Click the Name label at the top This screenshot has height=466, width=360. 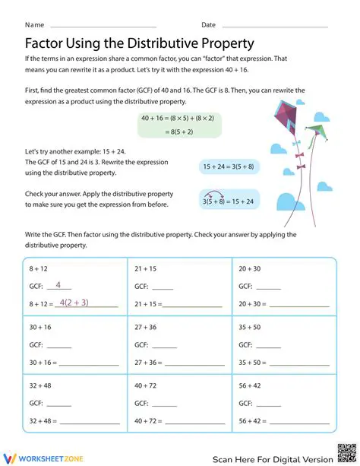[x=34, y=25]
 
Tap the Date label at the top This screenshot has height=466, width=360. [x=209, y=25]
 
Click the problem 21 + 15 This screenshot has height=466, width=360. [x=146, y=269]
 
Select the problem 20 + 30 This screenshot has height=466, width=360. [x=250, y=269]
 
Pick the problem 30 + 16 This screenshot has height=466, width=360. [x=41, y=327]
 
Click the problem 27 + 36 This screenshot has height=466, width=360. [x=146, y=327]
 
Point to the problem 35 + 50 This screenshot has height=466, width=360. [x=250, y=327]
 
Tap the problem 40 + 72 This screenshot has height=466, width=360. [x=146, y=385]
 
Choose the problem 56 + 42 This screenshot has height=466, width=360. [x=250, y=385]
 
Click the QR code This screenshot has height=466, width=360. [x=345, y=452]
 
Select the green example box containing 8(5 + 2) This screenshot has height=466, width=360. [x=179, y=125]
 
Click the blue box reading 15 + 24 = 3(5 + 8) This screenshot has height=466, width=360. [x=228, y=166]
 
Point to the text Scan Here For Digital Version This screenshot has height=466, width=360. [x=273, y=458]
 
